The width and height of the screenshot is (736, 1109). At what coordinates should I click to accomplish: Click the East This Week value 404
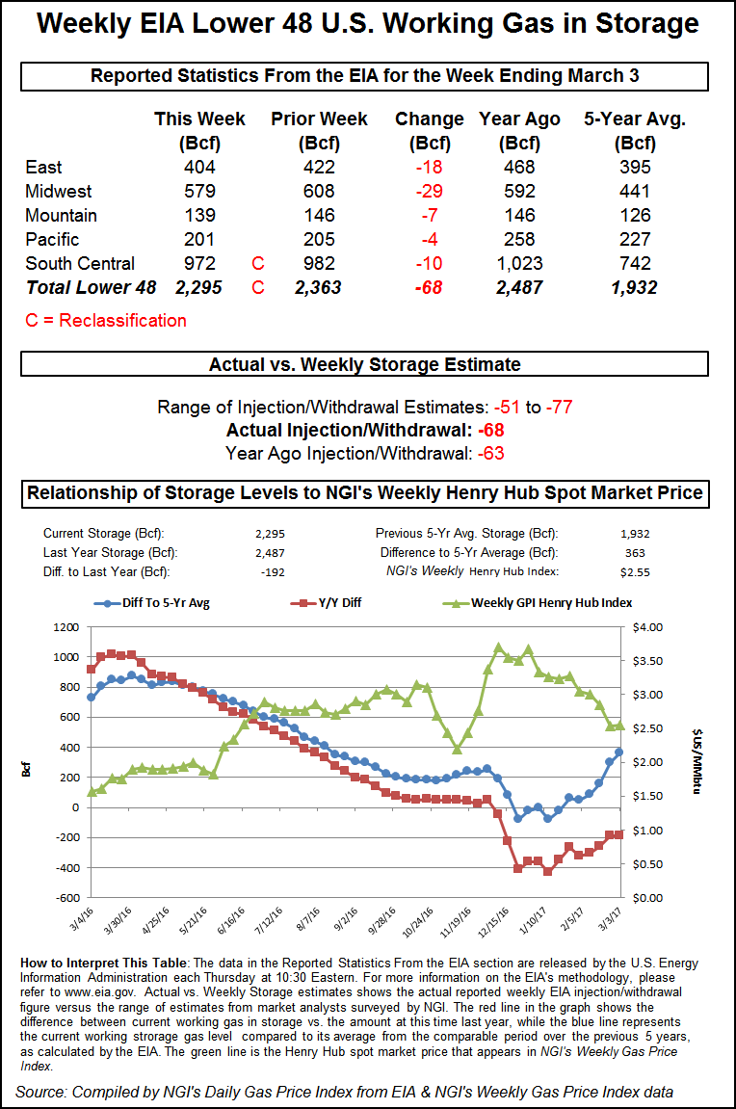point(199,167)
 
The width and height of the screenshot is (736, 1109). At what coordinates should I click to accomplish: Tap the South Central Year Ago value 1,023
point(519,263)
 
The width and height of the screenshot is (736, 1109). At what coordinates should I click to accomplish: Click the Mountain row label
point(61,215)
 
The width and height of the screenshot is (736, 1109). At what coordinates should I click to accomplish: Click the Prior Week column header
point(319,119)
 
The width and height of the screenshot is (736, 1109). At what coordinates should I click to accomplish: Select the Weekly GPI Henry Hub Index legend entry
point(539,603)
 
